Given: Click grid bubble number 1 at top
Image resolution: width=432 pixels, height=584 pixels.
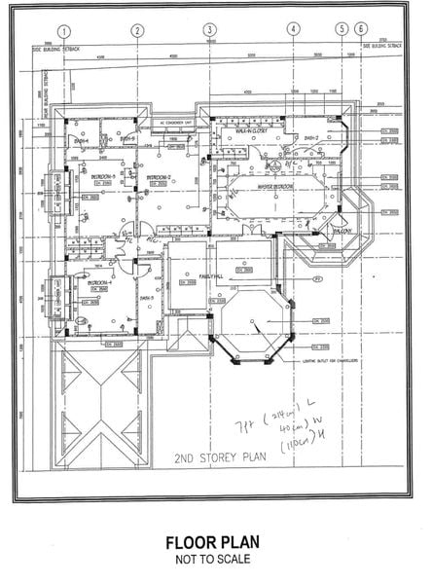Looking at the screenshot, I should pos(63,30).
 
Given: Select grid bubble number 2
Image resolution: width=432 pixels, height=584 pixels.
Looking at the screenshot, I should pos(138,30).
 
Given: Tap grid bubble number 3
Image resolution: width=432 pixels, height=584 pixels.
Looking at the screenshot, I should pos(209,30).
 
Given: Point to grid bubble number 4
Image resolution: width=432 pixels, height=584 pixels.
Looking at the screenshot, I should pos(293,30).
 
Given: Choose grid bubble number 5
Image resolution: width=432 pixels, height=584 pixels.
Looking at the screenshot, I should pos(342,30).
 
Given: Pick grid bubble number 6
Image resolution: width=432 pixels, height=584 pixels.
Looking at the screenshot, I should pos(361,30).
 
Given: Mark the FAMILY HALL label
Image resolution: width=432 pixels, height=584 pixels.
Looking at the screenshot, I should pos(212,275).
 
